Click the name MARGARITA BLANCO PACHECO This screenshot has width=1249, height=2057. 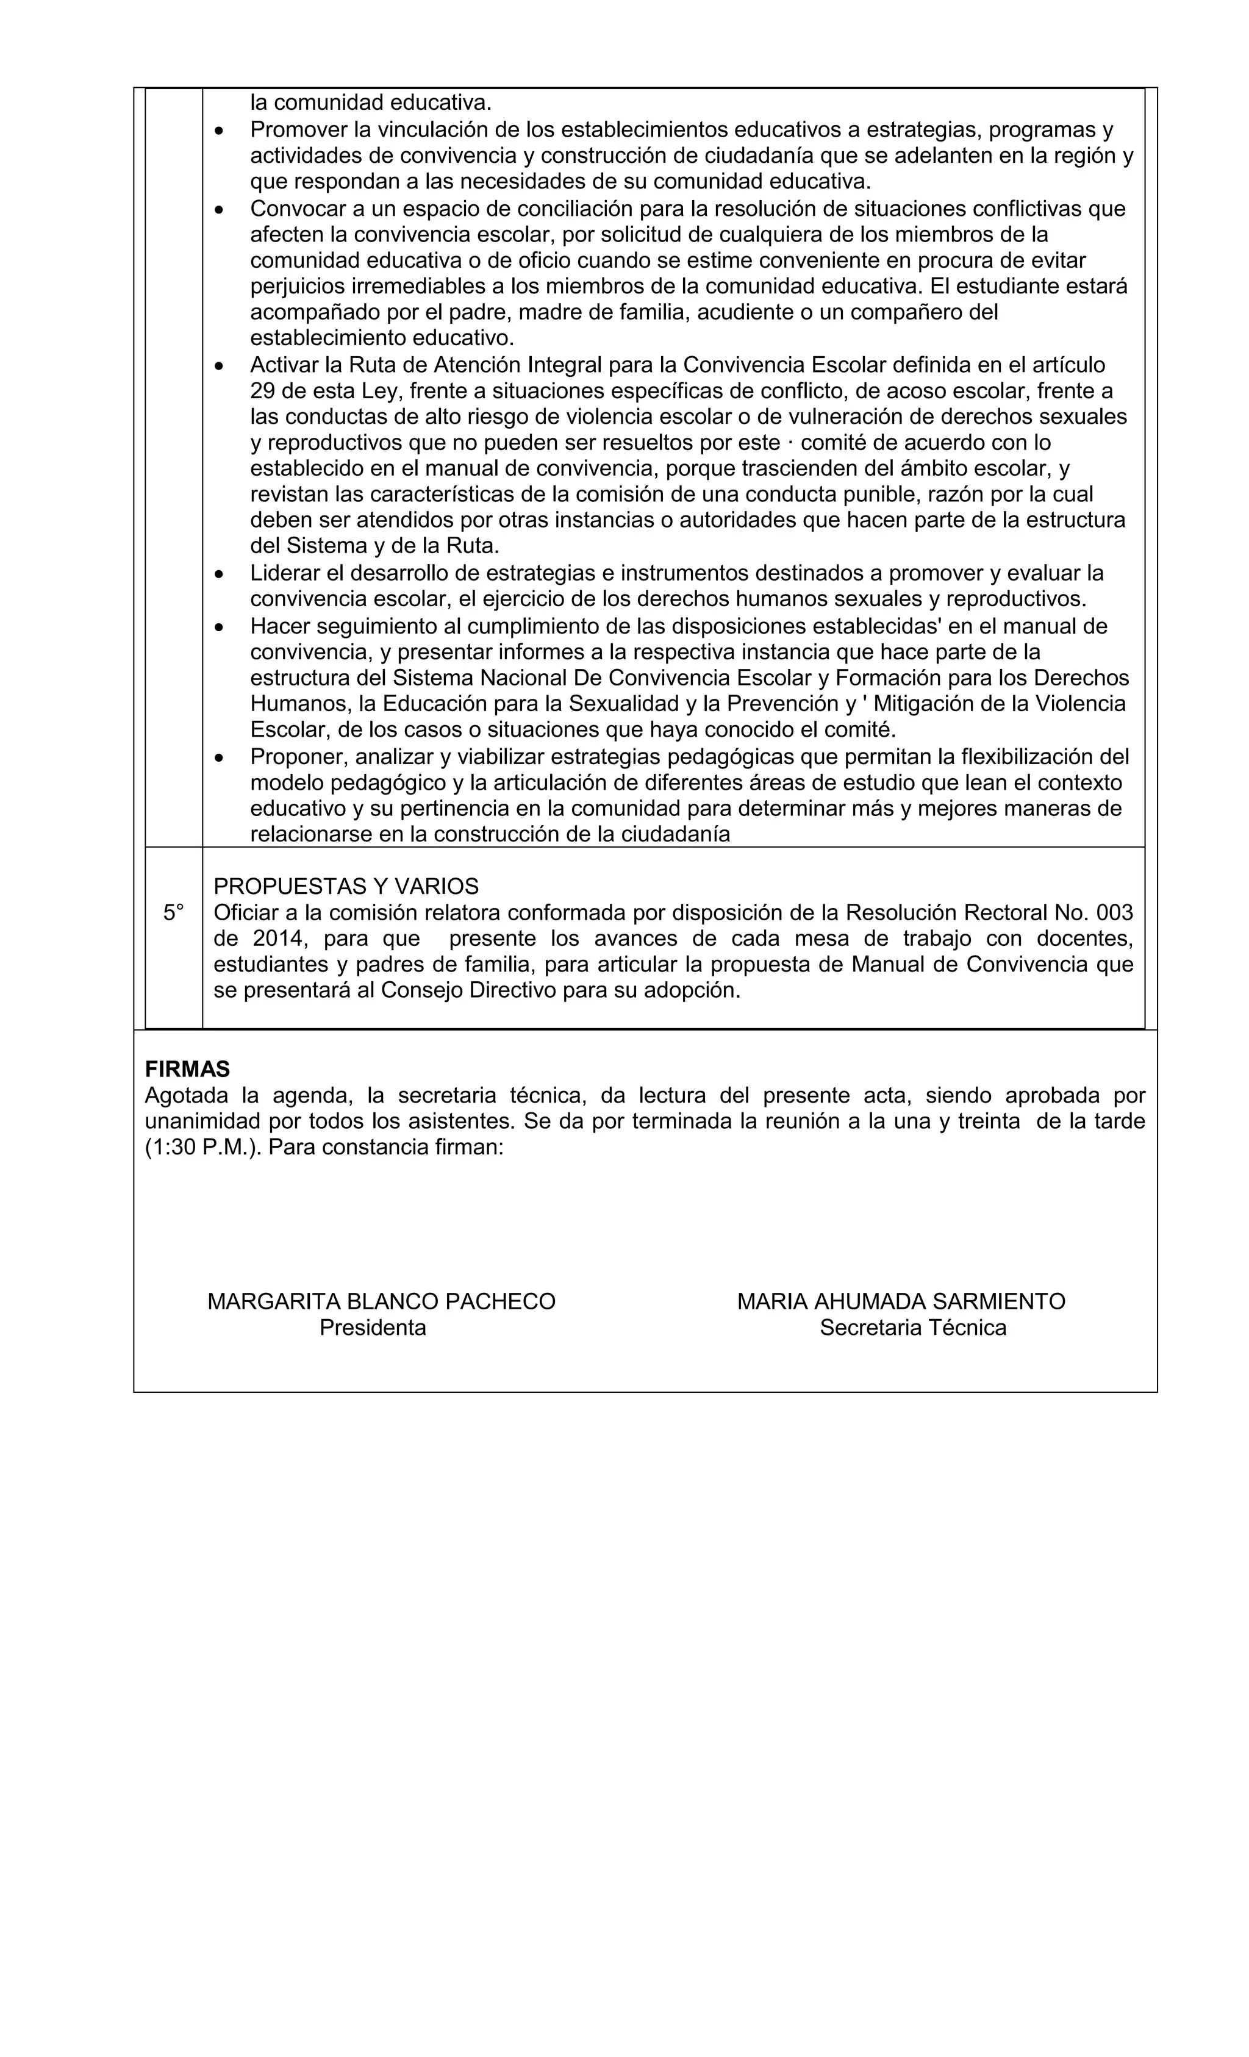[381, 1301]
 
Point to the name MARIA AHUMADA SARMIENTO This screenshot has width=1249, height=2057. [900, 1301]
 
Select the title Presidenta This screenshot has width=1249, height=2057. [373, 1328]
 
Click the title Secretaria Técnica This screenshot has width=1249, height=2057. [912, 1328]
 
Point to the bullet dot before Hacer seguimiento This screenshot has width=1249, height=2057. [220, 627]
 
